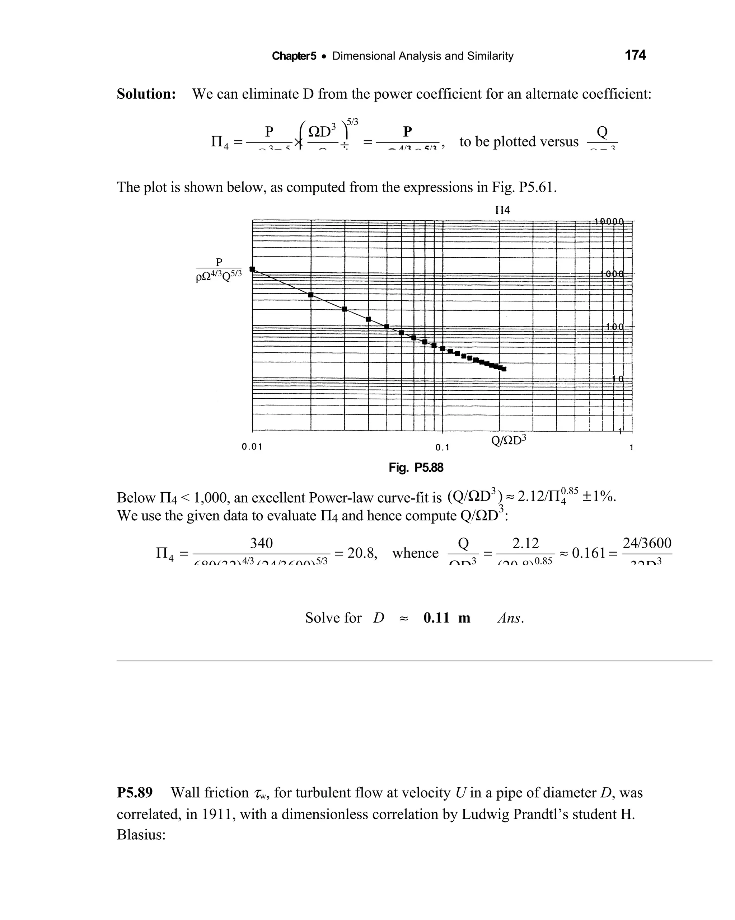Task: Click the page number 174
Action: point(635,56)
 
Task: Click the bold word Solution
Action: point(146,94)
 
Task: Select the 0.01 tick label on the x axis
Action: point(252,447)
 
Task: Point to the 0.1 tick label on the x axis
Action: point(442,448)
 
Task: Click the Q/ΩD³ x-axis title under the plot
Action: point(509,440)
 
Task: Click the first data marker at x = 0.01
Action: point(252,269)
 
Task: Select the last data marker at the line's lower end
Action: point(504,369)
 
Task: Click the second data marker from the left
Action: point(311,295)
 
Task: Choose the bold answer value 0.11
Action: point(436,618)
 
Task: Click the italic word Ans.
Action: point(510,618)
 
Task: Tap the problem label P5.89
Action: point(135,793)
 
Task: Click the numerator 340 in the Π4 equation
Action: point(261,543)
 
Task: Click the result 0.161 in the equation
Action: point(589,553)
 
